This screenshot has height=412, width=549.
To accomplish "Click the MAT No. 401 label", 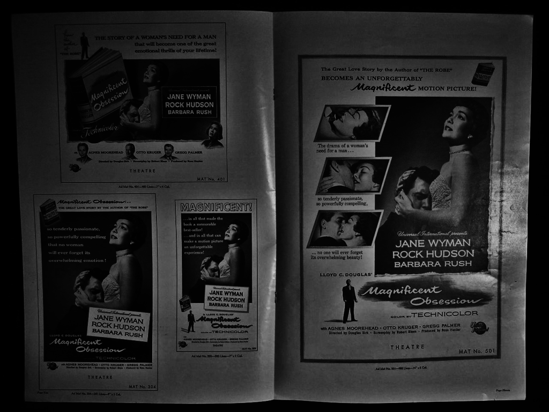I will pyautogui.click(x=211, y=178).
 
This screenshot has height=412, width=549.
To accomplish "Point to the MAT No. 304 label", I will pyautogui.click(x=142, y=386).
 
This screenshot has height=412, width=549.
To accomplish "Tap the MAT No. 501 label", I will pyautogui.click(x=477, y=351).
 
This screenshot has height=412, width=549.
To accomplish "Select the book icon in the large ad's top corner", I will pyautogui.click(x=483, y=74).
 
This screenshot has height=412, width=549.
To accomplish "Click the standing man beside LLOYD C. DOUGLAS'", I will pyautogui.click(x=349, y=300).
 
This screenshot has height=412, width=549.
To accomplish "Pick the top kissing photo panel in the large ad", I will pyautogui.click(x=352, y=123).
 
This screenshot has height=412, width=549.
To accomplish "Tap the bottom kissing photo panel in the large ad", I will pyautogui.click(x=345, y=229).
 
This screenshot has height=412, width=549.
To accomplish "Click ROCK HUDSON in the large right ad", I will pyautogui.click(x=433, y=254).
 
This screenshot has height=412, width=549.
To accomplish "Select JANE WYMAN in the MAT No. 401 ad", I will pyautogui.click(x=189, y=97).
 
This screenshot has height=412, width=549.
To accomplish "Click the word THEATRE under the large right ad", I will pyautogui.click(x=407, y=347).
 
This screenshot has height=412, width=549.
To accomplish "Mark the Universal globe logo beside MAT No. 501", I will pyautogui.click(x=479, y=327).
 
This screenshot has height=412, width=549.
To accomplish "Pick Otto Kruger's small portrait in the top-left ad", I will pyautogui.click(x=130, y=151).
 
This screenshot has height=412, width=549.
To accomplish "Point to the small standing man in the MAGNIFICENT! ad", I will pyautogui.click(x=191, y=321).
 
